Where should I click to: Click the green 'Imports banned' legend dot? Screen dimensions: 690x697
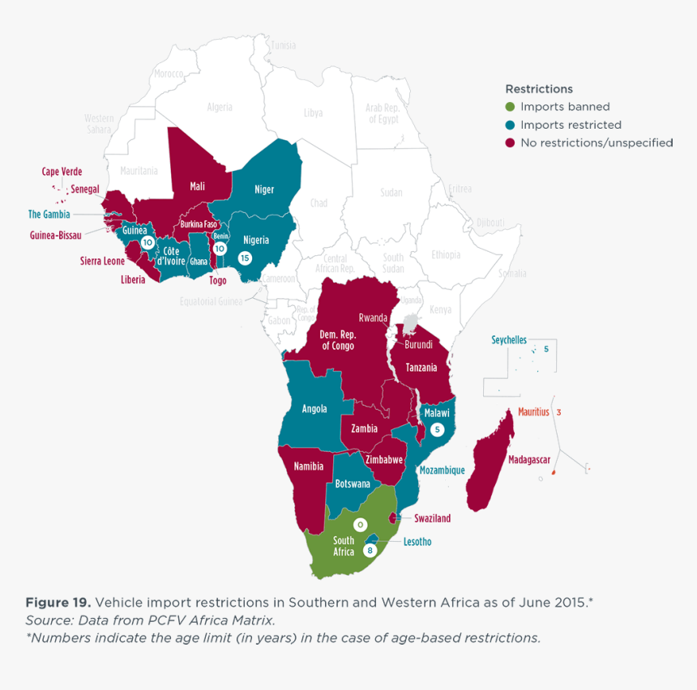pos(510,107)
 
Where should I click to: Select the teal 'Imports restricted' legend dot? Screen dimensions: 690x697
pos(510,125)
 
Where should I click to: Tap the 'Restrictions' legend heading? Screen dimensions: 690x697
pos(538,89)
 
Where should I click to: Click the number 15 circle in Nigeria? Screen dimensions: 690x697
pos(245,258)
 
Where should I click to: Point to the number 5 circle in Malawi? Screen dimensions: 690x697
pos(438,430)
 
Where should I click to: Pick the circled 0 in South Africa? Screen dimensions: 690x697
pos(360,525)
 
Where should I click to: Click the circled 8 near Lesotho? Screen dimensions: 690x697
pos(370,551)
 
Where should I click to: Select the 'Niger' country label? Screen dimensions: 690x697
pos(264,190)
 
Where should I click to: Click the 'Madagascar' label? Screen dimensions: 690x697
pos(529,459)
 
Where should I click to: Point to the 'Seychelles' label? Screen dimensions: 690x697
pos(509,340)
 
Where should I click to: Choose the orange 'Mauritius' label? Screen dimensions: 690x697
pos(533,412)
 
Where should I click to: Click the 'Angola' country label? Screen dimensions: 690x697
pos(314,409)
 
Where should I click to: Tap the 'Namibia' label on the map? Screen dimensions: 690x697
pos(308,466)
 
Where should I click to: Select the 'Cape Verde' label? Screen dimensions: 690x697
pos(62,172)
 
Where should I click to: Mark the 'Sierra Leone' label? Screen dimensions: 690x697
pos(102,261)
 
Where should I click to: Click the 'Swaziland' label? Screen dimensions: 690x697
pos(432,518)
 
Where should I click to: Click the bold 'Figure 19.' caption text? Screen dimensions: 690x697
pos(58,603)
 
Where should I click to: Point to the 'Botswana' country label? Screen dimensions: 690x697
pos(352,483)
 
